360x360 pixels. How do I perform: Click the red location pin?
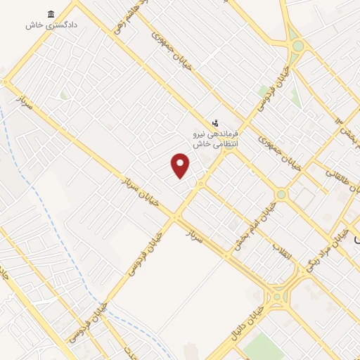(181, 165)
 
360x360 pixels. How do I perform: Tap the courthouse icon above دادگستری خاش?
(51, 15)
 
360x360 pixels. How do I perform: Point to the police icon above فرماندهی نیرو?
(215, 122)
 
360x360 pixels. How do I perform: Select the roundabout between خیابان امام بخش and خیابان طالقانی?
(281, 193)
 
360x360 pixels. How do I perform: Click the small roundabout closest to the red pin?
(200, 184)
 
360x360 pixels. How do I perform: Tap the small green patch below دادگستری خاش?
(64, 94)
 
